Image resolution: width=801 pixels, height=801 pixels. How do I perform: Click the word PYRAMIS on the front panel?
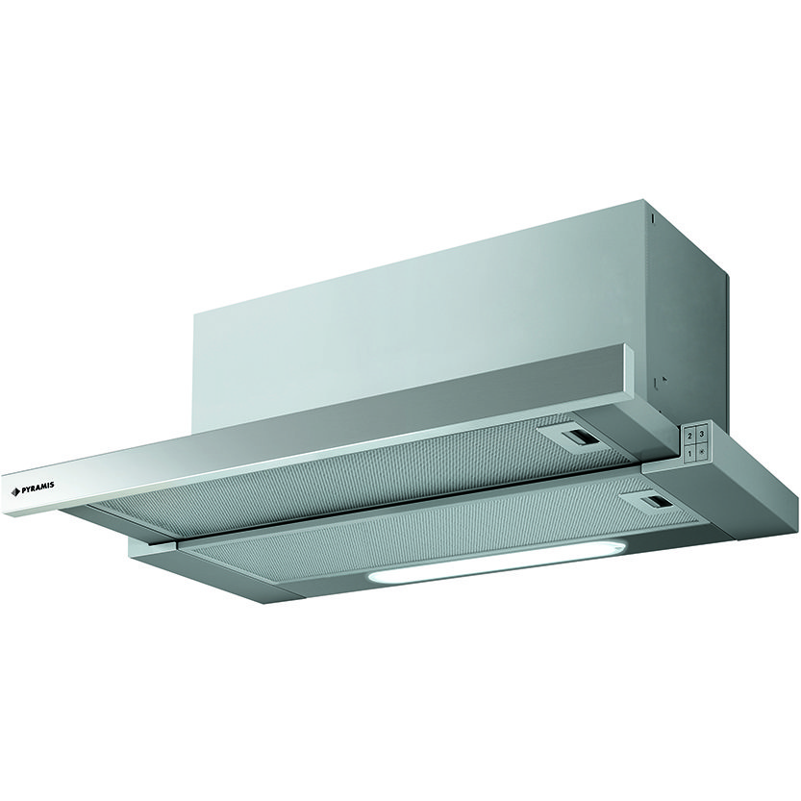tap(38, 488)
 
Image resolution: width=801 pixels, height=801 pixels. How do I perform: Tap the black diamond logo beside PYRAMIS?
tap(15, 492)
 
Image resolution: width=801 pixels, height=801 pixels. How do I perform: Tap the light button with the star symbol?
tap(702, 452)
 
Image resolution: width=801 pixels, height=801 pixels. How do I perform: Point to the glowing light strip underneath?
tap(495, 565)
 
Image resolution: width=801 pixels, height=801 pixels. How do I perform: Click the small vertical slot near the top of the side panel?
tap(652, 218)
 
